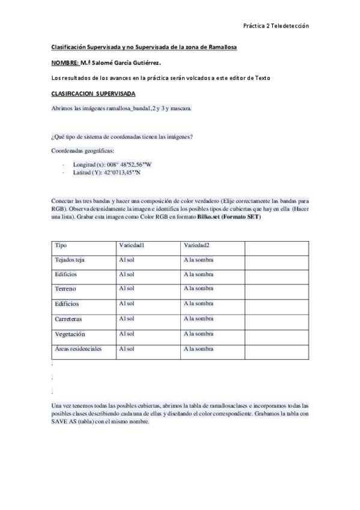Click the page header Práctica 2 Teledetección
coord(275,26)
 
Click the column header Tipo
coord(61,245)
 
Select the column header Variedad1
coord(132,245)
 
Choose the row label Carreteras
coord(69,319)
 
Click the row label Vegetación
coord(70,334)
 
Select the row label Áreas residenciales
coord(78,348)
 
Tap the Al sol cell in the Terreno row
coord(126,289)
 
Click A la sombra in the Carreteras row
coord(198,319)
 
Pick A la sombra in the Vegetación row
coord(198,334)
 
